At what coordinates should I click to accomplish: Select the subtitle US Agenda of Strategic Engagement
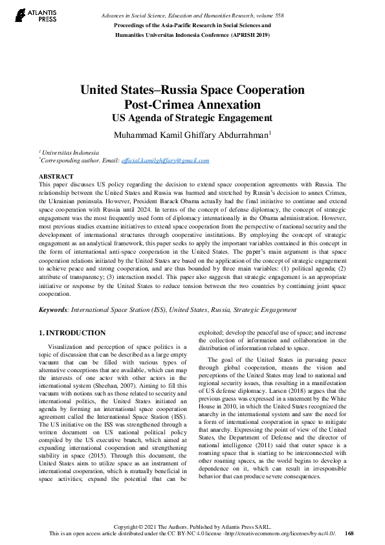click(x=192, y=118)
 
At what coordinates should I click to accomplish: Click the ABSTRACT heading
click(x=56, y=176)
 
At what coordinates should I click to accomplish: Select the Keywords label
click(x=53, y=310)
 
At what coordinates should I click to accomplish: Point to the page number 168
click(x=349, y=534)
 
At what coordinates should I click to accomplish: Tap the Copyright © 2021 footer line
click(x=192, y=526)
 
